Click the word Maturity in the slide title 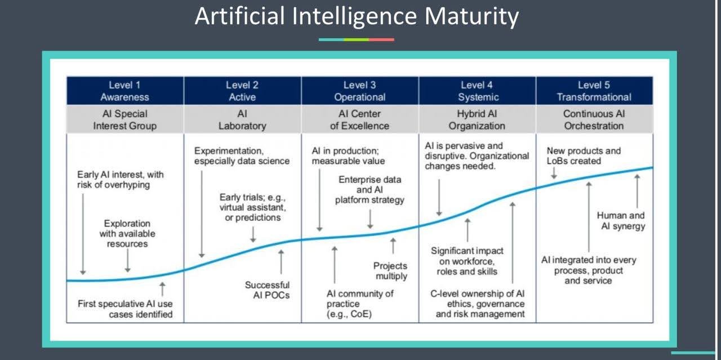[x=471, y=17]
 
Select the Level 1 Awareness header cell [x=125, y=91]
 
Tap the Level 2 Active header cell [x=242, y=91]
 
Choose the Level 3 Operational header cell [x=360, y=91]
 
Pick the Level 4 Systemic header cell [x=477, y=91]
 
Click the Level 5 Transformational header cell [x=594, y=91]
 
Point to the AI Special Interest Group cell [x=125, y=119]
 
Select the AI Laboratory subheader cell [x=242, y=119]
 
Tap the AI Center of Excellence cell [x=360, y=119]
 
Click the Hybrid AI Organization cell [x=477, y=119]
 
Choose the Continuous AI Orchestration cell [x=594, y=119]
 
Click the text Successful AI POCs [x=267, y=290]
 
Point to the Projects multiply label [x=390, y=271]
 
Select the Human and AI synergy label [x=621, y=221]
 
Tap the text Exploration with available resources [x=127, y=233]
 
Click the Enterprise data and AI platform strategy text [x=370, y=190]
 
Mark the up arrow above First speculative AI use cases [x=163, y=289]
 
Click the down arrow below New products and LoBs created [x=554, y=173]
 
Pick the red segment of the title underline [x=381, y=39]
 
